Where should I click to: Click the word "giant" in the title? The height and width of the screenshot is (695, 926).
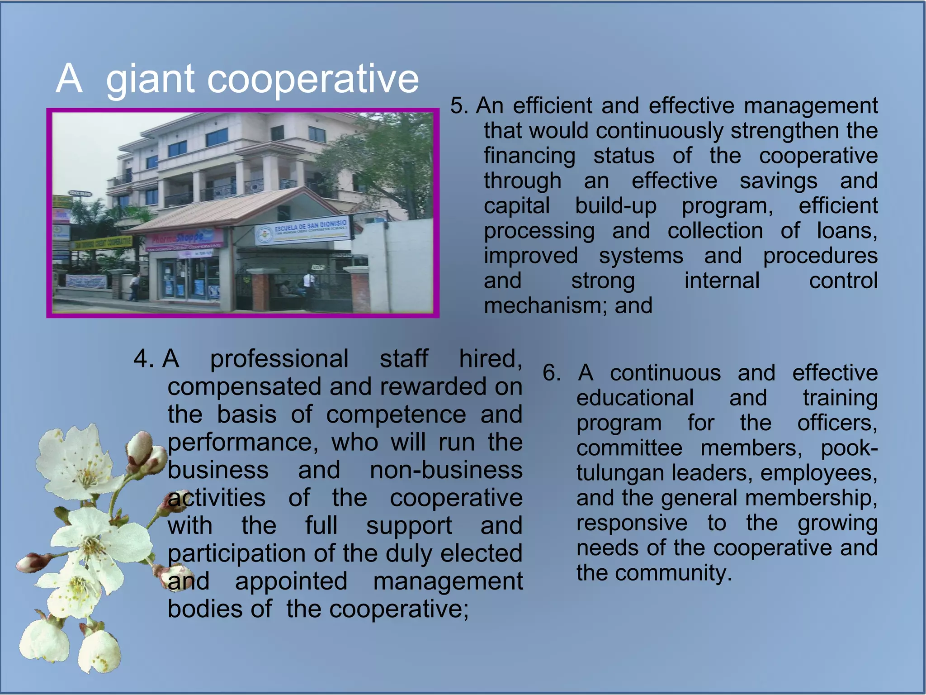click(151, 79)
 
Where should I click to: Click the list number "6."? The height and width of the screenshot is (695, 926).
click(552, 373)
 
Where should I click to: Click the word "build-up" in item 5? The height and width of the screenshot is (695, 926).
click(615, 206)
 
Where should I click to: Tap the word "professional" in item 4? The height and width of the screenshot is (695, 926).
click(279, 359)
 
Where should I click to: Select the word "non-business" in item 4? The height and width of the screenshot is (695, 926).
click(446, 470)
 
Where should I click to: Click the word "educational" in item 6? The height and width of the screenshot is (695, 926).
click(635, 398)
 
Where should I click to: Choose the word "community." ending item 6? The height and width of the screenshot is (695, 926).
click(673, 573)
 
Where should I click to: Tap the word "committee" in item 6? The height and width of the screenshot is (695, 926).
click(629, 448)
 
